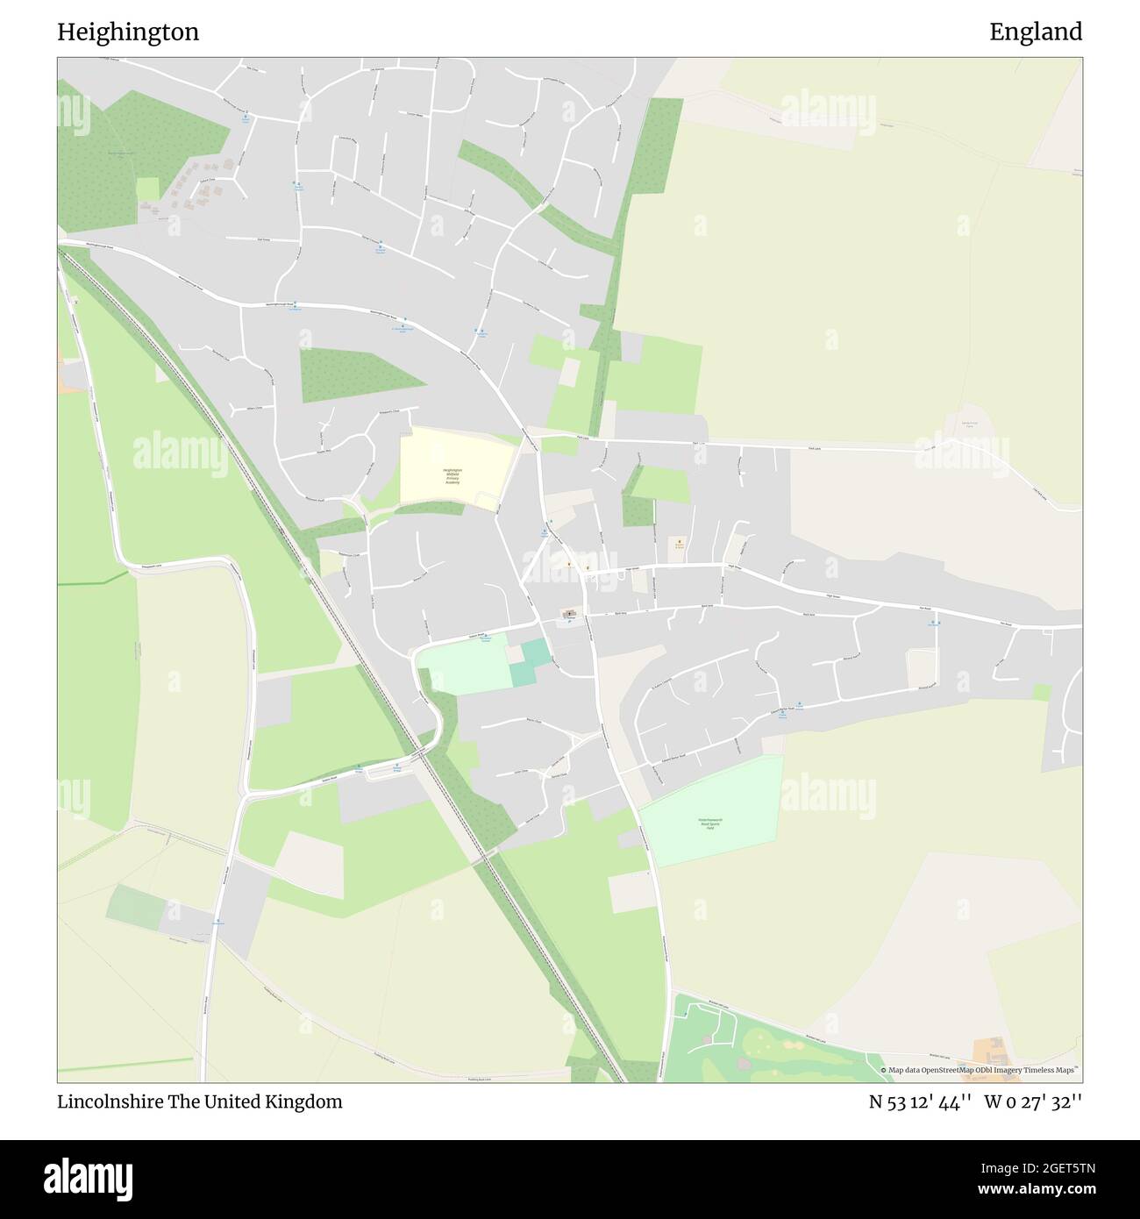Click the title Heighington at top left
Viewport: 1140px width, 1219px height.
[128, 32]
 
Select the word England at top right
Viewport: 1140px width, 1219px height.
[1036, 32]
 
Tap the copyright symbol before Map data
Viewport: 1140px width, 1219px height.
[884, 1070]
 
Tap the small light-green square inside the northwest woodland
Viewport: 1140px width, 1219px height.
[147, 189]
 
